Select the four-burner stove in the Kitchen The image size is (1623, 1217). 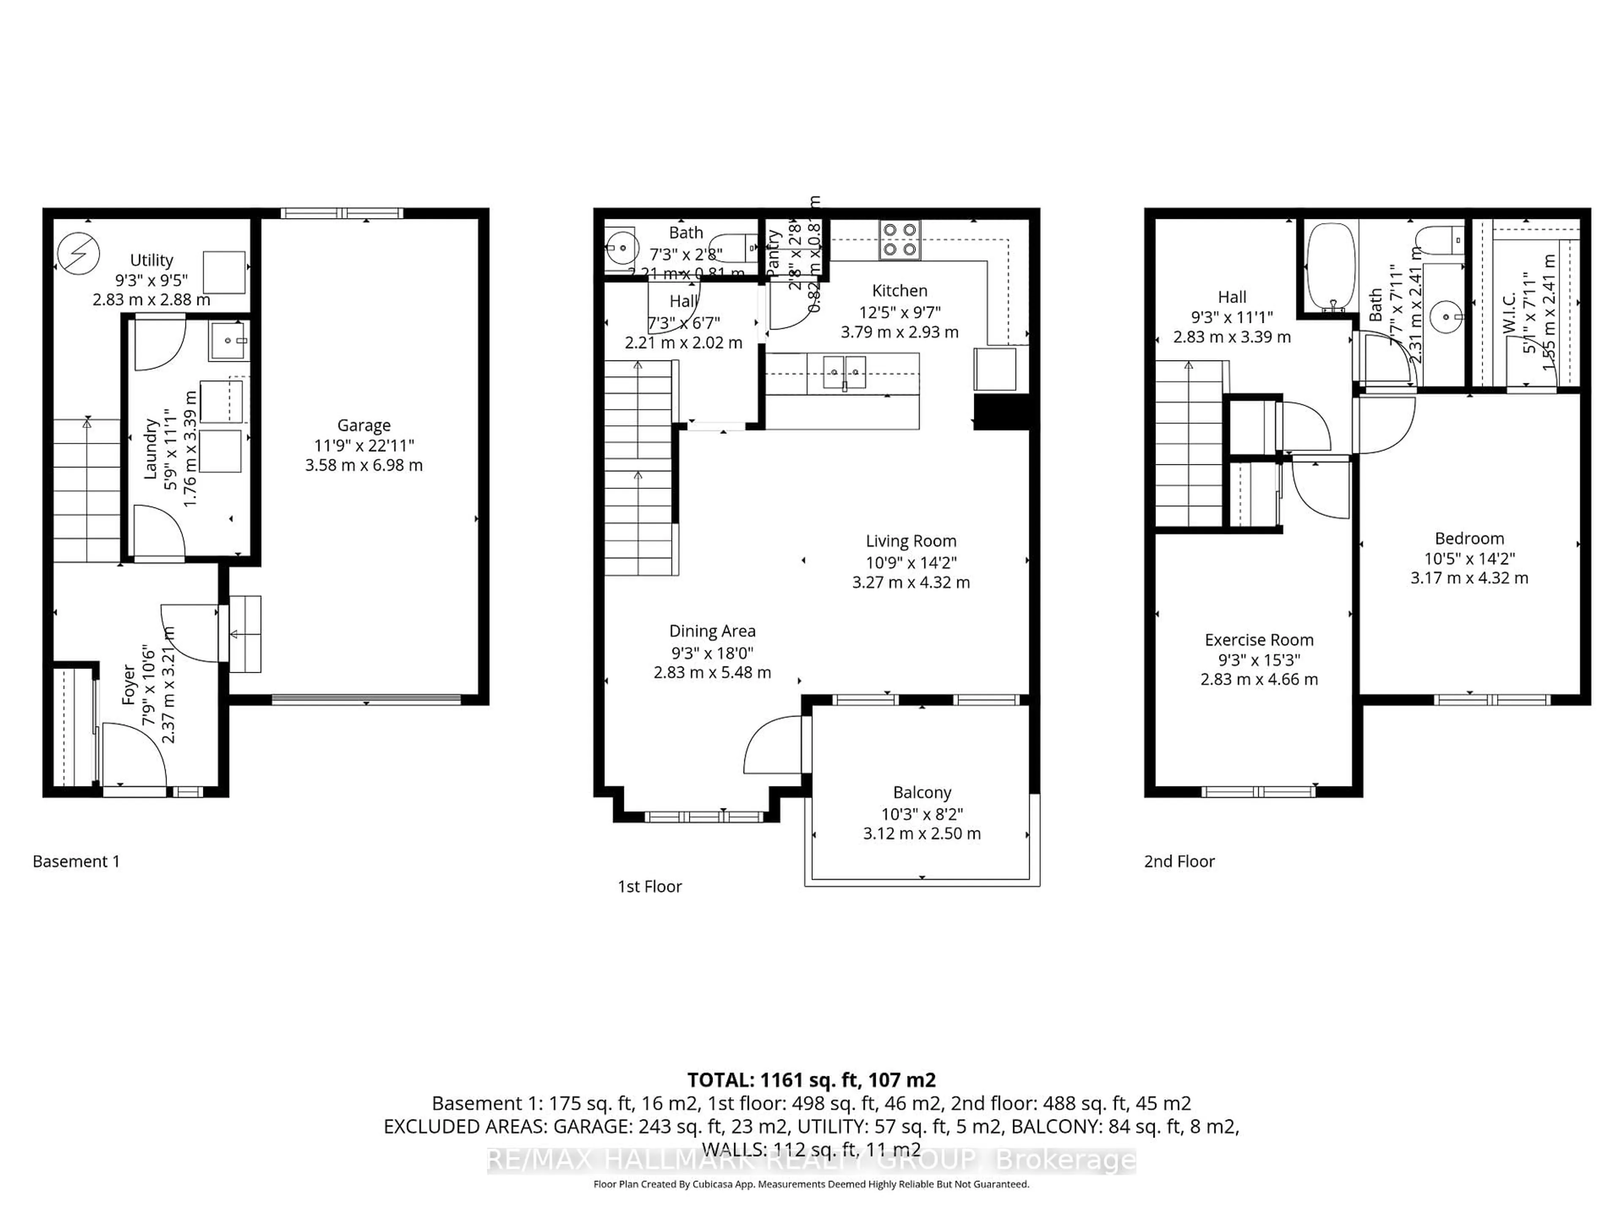[x=899, y=240]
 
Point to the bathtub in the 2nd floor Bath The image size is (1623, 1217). [x=1330, y=268]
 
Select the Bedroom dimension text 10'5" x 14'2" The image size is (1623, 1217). [x=1469, y=558]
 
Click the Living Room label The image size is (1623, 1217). [x=910, y=541]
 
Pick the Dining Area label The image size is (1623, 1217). [x=712, y=631]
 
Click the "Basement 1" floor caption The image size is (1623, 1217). [x=77, y=861]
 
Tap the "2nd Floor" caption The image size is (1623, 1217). [x=1179, y=861]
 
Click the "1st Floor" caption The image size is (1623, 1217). [x=649, y=886]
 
